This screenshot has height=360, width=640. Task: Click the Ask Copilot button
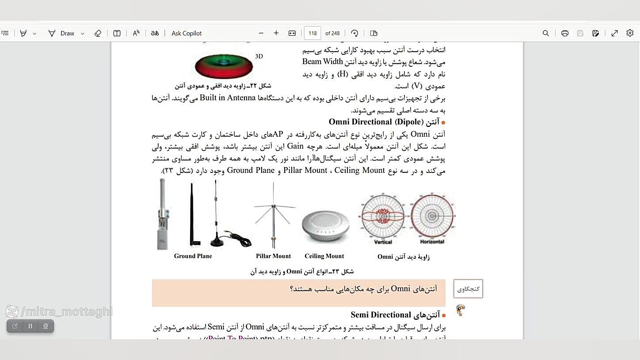[x=186, y=33]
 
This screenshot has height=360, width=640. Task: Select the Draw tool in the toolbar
[x=67, y=33]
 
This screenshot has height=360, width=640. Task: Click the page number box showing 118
[x=312, y=33]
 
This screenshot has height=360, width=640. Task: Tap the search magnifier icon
[x=546, y=33]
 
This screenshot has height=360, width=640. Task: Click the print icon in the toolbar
[x=565, y=33]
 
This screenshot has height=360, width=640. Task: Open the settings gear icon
[x=630, y=33]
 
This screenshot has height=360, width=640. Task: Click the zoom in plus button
[x=276, y=33]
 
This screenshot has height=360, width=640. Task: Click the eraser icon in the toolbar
[x=98, y=33]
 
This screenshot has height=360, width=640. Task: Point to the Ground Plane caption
[x=193, y=256]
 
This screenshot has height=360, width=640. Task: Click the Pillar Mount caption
[x=273, y=256]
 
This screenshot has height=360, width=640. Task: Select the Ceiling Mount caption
[x=324, y=256]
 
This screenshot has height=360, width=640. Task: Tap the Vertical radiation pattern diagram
[x=383, y=217]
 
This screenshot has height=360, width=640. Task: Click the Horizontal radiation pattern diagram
[x=432, y=217]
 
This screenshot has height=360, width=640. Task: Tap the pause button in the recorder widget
[x=30, y=326]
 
